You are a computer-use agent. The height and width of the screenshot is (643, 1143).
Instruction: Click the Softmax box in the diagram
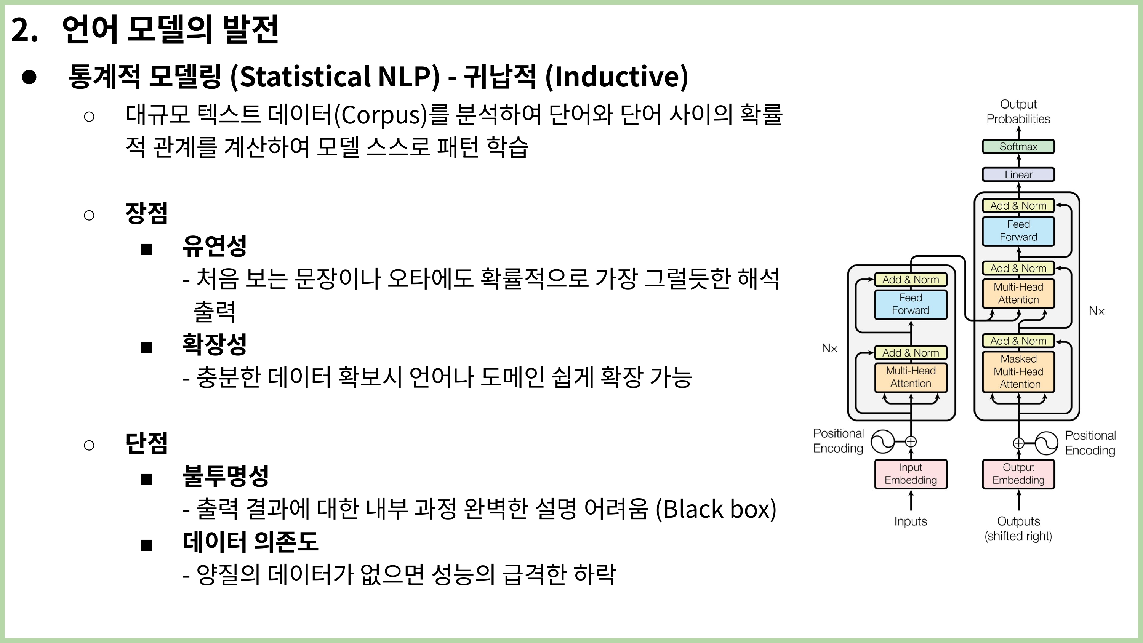click(x=1018, y=146)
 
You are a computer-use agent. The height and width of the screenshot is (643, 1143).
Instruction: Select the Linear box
click(x=1018, y=174)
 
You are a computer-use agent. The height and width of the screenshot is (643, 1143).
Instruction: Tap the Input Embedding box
click(x=911, y=474)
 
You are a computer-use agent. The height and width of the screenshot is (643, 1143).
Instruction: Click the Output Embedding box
click(x=1018, y=474)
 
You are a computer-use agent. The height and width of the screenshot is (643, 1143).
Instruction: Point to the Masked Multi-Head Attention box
click(x=1018, y=371)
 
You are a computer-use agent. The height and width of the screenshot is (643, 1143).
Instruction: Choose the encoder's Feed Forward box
click(x=911, y=304)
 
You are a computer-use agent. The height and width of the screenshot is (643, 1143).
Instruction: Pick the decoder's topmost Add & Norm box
click(x=1018, y=205)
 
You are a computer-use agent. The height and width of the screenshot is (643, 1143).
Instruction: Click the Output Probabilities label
click(x=1018, y=111)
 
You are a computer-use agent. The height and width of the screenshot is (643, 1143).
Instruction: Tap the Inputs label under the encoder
click(x=911, y=521)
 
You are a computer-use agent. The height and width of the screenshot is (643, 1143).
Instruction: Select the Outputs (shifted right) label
click(x=1018, y=528)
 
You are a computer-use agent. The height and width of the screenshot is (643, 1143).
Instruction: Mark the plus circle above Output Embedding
click(x=1018, y=443)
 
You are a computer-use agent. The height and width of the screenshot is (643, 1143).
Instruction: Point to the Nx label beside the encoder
click(x=829, y=348)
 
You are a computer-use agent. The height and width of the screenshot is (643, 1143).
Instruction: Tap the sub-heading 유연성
click(x=214, y=245)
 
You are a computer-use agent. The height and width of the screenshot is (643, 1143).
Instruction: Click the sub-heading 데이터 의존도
click(x=250, y=541)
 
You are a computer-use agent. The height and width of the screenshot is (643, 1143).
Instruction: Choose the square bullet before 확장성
click(x=146, y=348)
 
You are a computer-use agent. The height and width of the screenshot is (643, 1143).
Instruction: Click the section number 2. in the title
click(x=24, y=30)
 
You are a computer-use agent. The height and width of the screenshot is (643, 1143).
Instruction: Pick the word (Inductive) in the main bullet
click(x=616, y=76)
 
